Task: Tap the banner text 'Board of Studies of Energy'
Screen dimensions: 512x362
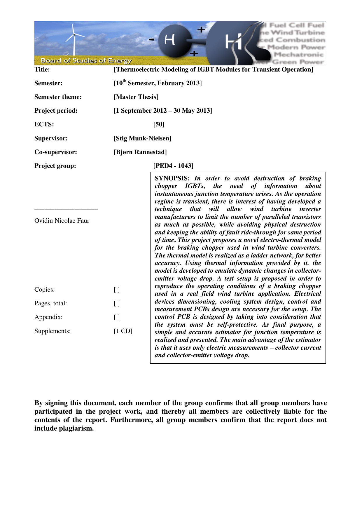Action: pyautogui.click(x=86, y=61)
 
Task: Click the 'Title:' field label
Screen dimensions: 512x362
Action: pyautogui.click(x=42, y=69)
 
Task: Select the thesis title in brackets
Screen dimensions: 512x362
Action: pyautogui.click(x=213, y=69)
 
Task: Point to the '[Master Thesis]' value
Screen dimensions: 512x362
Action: pyautogui.click(x=136, y=97)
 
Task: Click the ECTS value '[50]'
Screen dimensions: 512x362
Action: pyautogui.click(x=159, y=124)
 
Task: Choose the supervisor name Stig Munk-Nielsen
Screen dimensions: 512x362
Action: pyautogui.click(x=142, y=138)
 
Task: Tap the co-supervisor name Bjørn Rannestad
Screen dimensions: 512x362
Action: pyautogui.click(x=140, y=152)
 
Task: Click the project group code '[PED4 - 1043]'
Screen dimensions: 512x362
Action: pyautogui.click(x=173, y=166)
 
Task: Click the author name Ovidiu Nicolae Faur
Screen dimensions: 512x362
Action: pyautogui.click(x=62, y=221)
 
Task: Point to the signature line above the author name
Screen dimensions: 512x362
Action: pyautogui.click(x=66, y=209)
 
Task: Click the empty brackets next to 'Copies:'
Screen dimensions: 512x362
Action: pyautogui.click(x=117, y=290)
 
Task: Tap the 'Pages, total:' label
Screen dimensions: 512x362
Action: pyautogui.click(x=50, y=304)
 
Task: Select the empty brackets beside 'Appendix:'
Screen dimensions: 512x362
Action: pyautogui.click(x=117, y=317)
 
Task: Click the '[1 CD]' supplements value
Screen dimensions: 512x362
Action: pyautogui.click(x=123, y=331)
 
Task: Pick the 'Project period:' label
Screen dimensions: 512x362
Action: pyautogui.click(x=56, y=111)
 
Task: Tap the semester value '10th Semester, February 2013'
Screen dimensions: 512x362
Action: pyautogui.click(x=158, y=83)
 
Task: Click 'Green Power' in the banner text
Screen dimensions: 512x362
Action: pyautogui.click(x=298, y=62)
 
